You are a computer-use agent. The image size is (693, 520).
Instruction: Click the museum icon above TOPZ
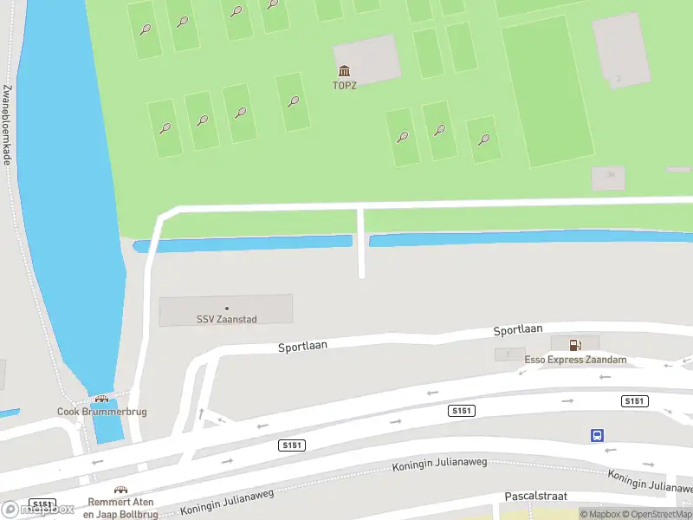[345, 71]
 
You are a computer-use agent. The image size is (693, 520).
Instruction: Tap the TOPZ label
[345, 85]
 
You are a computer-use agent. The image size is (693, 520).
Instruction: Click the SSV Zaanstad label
[226, 319]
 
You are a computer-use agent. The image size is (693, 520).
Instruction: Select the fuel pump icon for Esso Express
[574, 345]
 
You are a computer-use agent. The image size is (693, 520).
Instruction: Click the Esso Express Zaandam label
[575, 360]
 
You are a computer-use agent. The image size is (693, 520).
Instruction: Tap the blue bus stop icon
[597, 435]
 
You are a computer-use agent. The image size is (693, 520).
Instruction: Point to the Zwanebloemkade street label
[7, 124]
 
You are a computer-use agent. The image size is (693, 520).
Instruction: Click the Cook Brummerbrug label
[101, 412]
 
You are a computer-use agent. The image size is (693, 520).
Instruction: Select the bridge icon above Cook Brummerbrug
[101, 399]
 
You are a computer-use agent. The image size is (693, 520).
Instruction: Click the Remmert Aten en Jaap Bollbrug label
[120, 509]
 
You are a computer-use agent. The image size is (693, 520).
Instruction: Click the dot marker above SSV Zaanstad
[227, 308]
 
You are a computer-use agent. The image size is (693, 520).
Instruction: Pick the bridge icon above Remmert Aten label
[120, 490]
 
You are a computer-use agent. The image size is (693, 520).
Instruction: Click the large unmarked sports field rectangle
[546, 91]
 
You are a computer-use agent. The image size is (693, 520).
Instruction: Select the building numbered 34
[608, 177]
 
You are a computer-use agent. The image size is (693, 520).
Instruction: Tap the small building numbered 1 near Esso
[508, 354]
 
